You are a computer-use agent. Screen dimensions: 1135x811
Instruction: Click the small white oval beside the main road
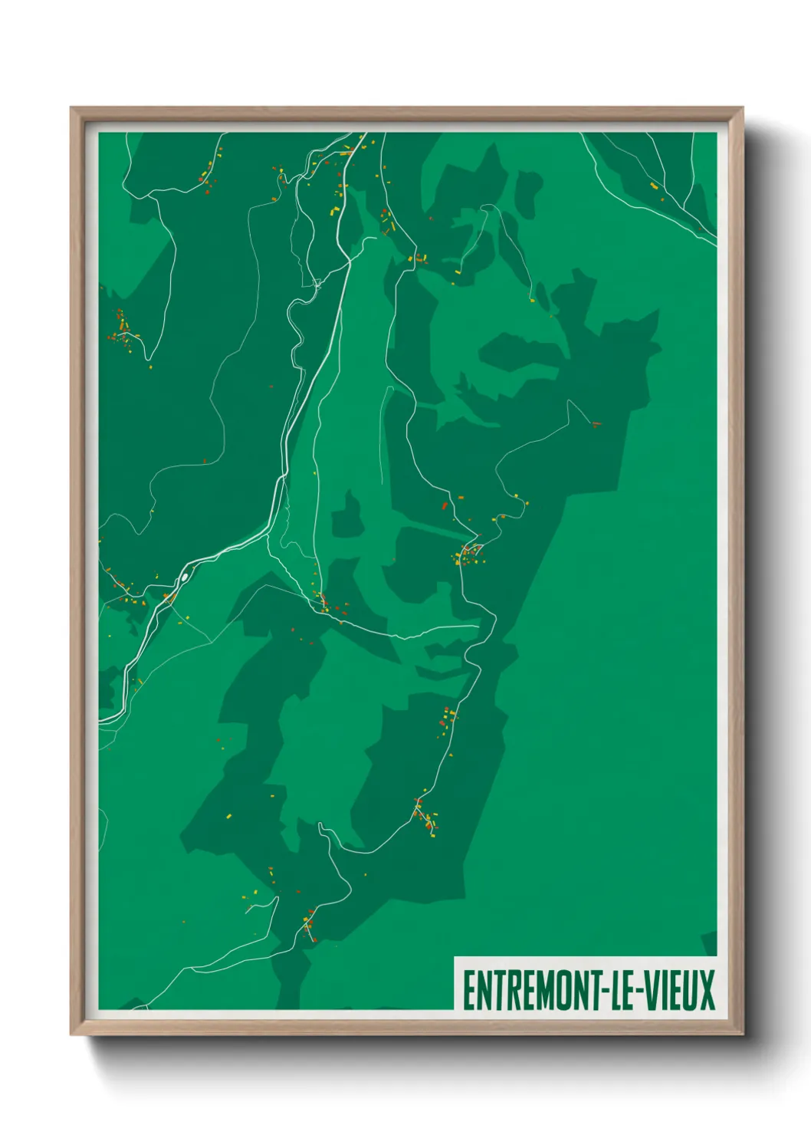pos(185,577)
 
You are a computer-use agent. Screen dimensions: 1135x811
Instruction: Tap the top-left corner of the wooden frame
pos(72,109)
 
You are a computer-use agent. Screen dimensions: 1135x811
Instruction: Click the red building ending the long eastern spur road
pos(596,423)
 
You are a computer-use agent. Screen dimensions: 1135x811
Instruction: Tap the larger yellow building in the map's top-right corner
pos(653,185)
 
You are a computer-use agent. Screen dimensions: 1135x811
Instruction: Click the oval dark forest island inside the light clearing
pos(350,515)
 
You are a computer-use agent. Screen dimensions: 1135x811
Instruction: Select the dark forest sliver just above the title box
pos(710,943)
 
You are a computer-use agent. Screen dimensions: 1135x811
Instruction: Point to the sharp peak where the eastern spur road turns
pos(568,400)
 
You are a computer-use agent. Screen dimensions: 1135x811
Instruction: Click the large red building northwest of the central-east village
pos(445,506)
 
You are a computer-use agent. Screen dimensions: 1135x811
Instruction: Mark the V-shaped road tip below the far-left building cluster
pos(149,358)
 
